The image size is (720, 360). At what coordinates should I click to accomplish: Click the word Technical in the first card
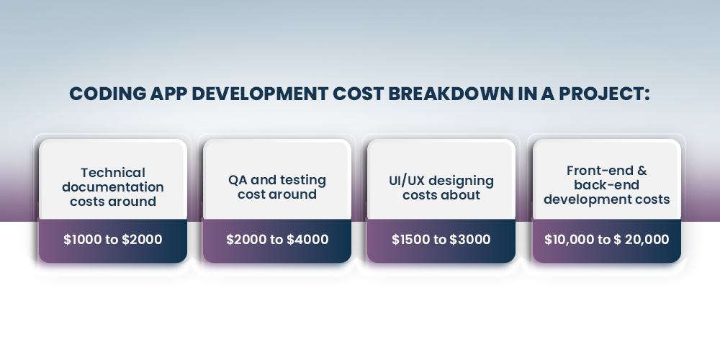point(113,173)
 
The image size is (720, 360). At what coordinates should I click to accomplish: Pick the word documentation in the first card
point(113,187)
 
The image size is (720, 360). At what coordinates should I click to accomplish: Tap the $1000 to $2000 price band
point(113,240)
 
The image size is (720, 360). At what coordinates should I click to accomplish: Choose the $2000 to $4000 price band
point(277,240)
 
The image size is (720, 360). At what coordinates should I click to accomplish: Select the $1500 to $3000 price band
point(441,240)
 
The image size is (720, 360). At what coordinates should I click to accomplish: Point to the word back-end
point(607,185)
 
